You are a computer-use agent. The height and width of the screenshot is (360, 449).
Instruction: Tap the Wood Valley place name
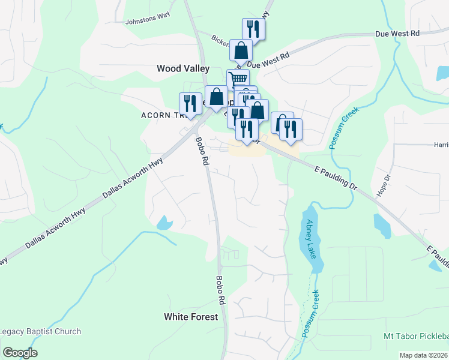coord(183,68)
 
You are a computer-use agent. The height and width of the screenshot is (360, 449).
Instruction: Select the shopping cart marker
coord(238,80)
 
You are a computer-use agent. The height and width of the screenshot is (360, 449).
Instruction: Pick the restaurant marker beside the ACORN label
coord(190,104)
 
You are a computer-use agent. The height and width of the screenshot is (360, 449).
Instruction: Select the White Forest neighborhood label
coord(191,316)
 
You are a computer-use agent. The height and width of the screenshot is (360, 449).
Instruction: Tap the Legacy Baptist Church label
coord(40,331)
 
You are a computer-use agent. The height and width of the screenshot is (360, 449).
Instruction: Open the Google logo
coord(20,352)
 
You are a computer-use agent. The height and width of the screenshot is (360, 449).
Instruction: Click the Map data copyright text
coord(423,355)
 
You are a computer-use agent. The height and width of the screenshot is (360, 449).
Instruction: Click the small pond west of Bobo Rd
coord(164,223)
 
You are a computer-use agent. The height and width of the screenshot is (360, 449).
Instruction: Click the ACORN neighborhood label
coord(157,115)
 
